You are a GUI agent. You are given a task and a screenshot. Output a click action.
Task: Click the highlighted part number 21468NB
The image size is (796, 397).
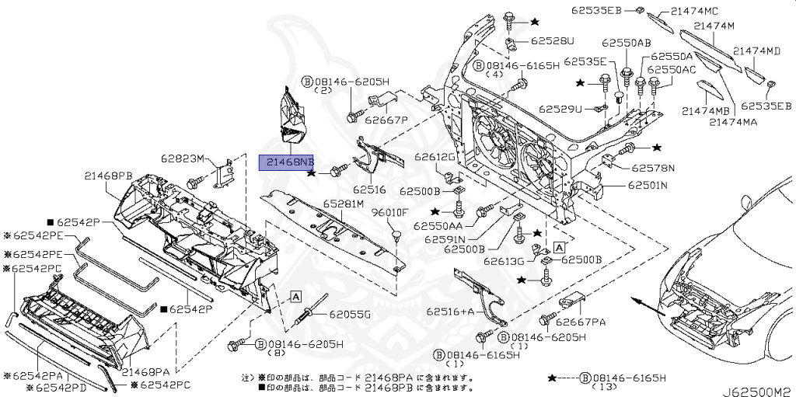pos(287,162)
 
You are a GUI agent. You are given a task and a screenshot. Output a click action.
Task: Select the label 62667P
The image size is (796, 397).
pos(386,120)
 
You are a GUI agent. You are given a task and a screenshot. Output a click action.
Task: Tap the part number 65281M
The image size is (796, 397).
pos(343,204)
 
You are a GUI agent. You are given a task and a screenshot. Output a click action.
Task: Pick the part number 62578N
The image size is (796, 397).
pos(653,167)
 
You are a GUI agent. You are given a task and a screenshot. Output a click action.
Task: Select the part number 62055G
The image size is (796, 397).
pos(350,314)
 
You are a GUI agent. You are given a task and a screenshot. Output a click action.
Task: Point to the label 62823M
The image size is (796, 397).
pos(183,159)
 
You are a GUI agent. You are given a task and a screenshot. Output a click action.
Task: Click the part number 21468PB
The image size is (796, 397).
pos(110,176)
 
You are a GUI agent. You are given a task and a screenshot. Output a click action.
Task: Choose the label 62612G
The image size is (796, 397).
pos(434,158)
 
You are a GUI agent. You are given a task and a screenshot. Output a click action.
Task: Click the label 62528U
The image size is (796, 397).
pos(553,40)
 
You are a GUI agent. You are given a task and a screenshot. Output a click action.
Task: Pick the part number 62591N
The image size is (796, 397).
pos(445,239)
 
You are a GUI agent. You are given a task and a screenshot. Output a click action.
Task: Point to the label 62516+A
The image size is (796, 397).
pos(449,311)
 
